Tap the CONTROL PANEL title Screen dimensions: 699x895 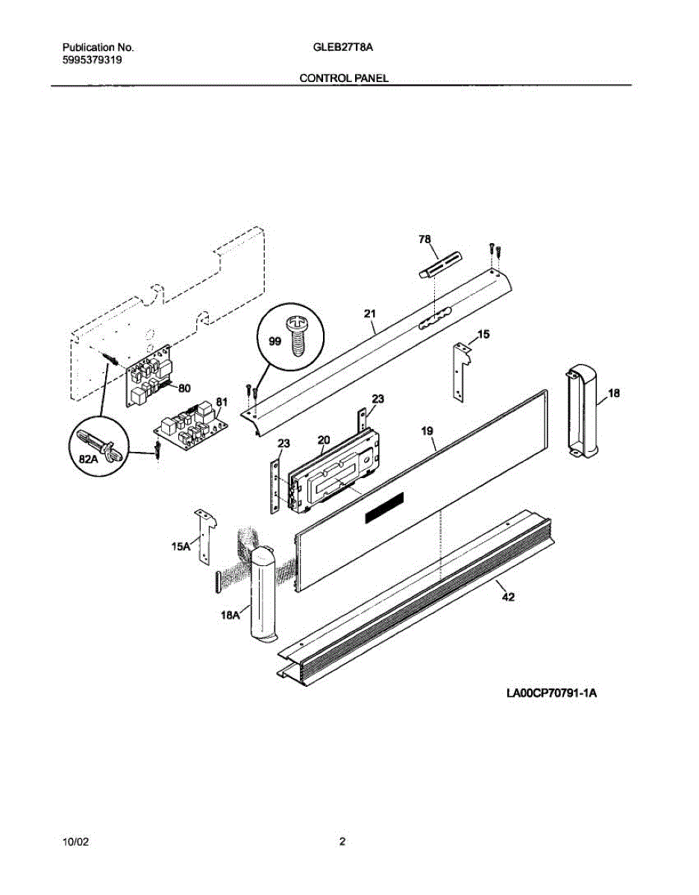343,78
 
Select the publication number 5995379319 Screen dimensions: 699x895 92,61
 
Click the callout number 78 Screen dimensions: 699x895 424,239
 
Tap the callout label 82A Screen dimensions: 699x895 90,461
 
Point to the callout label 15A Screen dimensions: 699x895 181,546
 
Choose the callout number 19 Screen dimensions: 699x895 427,430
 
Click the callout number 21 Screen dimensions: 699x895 370,315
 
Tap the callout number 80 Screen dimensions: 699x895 184,387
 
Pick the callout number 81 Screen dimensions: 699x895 221,402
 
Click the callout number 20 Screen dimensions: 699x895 323,439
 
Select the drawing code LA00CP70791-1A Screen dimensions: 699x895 552,694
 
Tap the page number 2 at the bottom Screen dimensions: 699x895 342,842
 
